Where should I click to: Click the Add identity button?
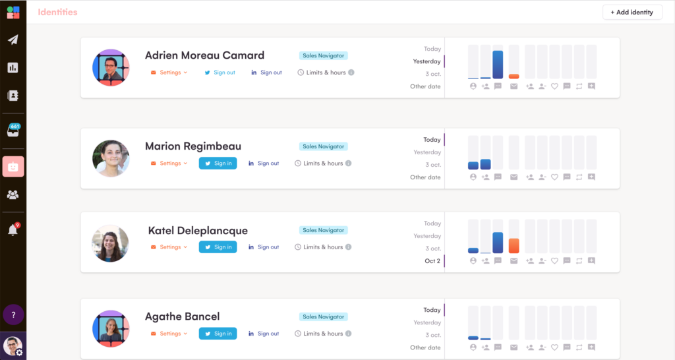(x=632, y=12)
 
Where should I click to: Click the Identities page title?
(x=57, y=12)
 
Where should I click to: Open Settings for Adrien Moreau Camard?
(x=169, y=73)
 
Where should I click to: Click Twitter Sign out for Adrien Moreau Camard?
(x=220, y=73)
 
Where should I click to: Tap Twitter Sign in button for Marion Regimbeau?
(x=218, y=164)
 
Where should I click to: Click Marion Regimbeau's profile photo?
(x=111, y=158)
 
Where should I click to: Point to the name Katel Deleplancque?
(x=198, y=231)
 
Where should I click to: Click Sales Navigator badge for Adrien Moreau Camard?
(x=323, y=56)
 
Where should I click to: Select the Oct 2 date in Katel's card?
(x=432, y=261)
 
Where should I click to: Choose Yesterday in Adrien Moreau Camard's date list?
(x=427, y=61)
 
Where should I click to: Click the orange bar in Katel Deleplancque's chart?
(x=514, y=246)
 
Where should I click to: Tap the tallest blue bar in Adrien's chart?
(x=498, y=65)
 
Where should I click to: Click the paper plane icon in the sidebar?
(x=13, y=40)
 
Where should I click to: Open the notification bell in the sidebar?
(x=13, y=230)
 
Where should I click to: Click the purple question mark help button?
(x=13, y=315)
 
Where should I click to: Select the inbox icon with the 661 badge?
(x=13, y=131)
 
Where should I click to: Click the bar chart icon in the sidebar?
(x=13, y=67)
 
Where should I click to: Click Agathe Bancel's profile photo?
(x=111, y=329)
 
